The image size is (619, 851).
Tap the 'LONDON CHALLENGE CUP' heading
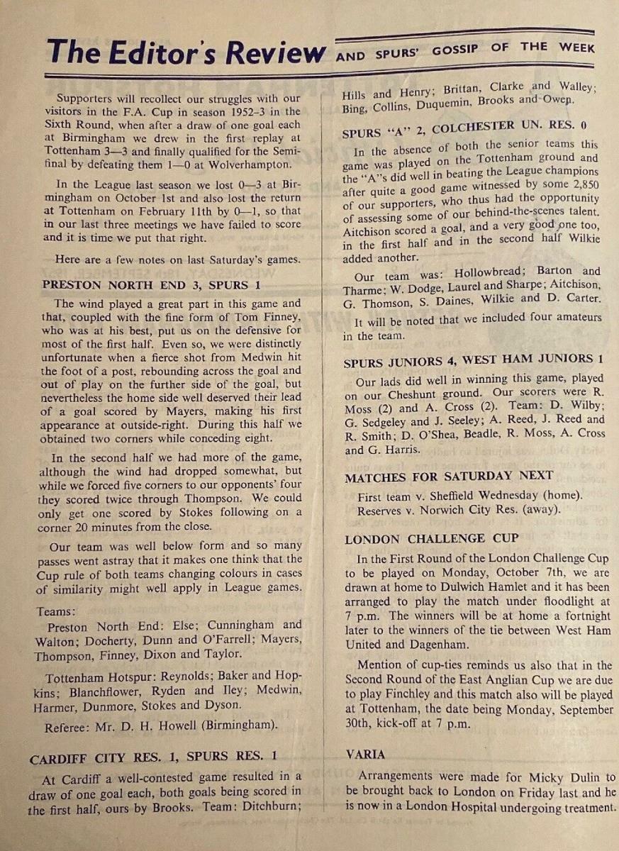(x=432, y=539)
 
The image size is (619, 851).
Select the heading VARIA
(x=367, y=754)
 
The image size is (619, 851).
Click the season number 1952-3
(x=238, y=111)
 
